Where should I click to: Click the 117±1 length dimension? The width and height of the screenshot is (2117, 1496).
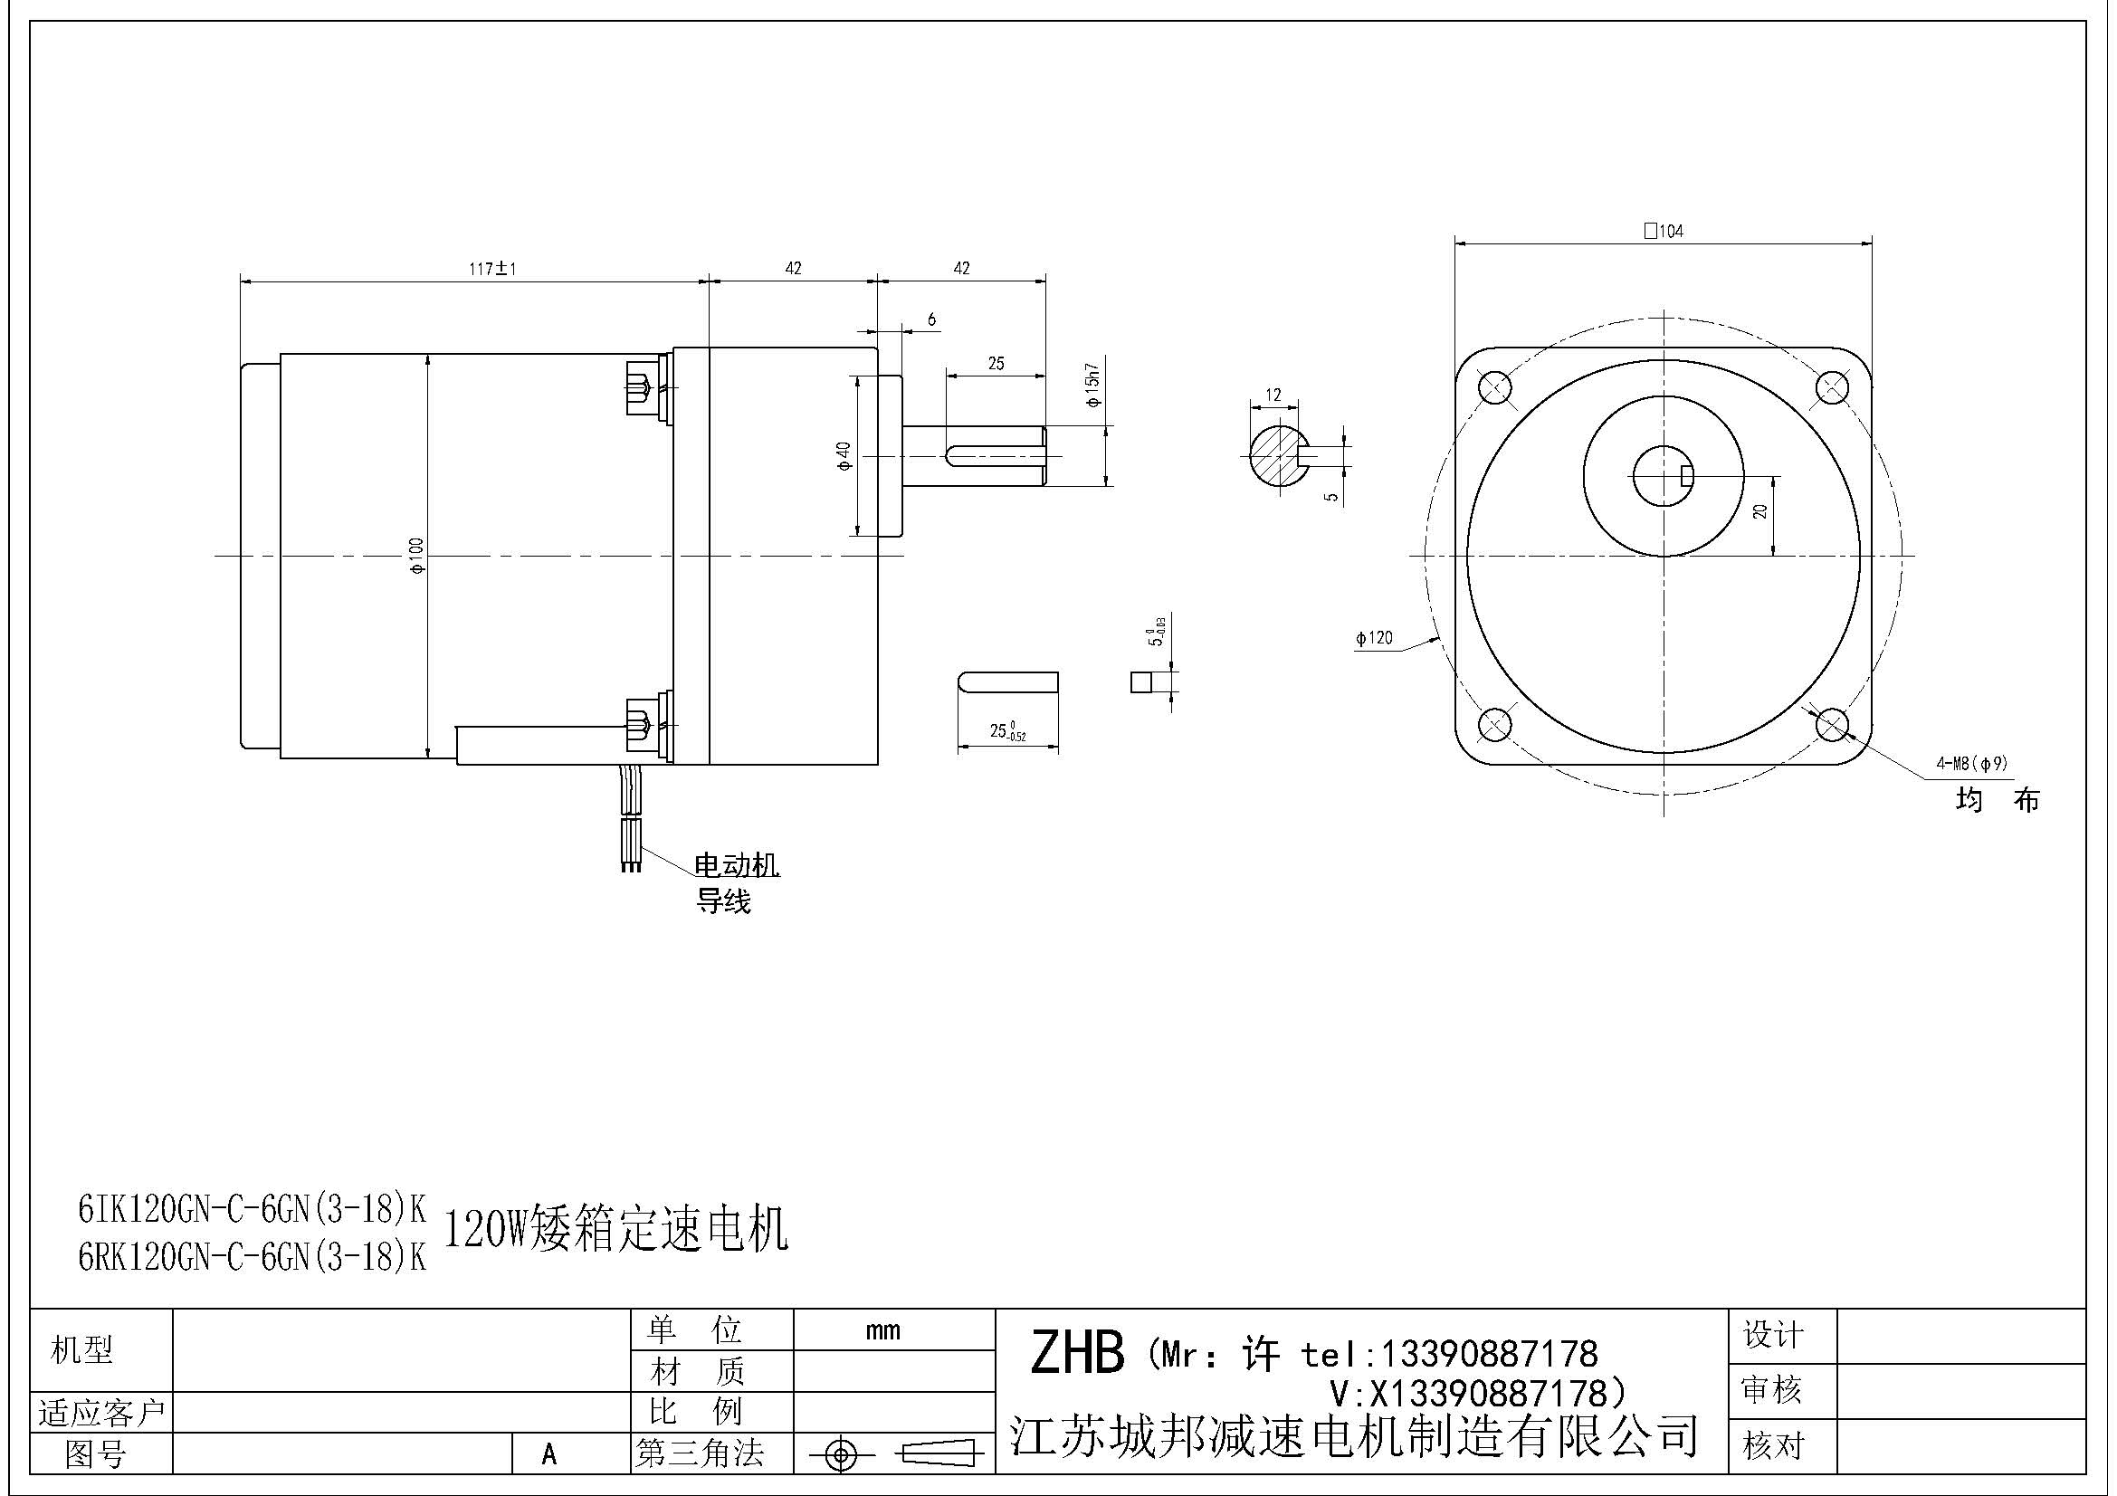pos(493,269)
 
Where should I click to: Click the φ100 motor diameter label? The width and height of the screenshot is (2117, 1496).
pos(416,556)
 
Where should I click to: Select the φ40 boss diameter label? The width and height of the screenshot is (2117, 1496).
pos(844,455)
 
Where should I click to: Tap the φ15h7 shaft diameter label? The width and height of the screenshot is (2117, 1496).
pos(1093,386)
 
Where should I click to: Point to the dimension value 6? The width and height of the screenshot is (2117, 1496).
pos(931,319)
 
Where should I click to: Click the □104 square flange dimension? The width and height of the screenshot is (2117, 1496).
pos(1664,232)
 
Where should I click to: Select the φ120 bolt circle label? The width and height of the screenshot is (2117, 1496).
pos(1374,638)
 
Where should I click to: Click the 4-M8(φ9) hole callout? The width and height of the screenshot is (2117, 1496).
pos(1971,763)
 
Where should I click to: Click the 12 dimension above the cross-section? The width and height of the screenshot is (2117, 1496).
pos(1273,395)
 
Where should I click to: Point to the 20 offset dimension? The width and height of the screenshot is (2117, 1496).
pos(1760,510)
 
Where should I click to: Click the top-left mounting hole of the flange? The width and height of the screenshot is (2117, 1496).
pos(1494,387)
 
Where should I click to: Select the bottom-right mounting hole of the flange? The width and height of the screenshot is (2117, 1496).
pos(1832,725)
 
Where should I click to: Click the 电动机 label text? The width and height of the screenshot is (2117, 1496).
pos(736,865)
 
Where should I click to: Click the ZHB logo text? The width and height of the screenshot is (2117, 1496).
pos(1077,1353)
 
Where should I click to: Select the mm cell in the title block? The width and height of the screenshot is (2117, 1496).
pos(882,1331)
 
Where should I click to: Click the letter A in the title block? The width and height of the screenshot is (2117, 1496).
pos(549,1454)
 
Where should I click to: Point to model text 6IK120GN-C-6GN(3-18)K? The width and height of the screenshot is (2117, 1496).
pos(252,1208)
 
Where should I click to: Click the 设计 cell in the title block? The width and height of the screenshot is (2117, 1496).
pos(1772,1336)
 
